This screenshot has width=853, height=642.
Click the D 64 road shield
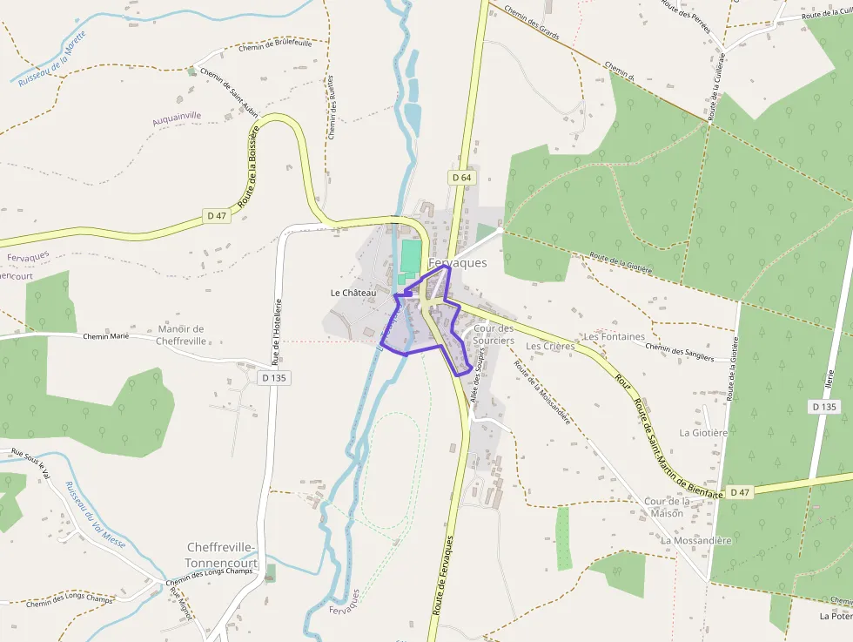pyautogui.click(x=461, y=178)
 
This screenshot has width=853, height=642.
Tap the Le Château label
pyautogui.click(x=353, y=293)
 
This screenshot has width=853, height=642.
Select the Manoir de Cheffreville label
pyautogui.click(x=181, y=335)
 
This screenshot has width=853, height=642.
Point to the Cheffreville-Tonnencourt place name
pyautogui.click(x=222, y=555)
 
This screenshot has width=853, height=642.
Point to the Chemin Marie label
pyautogui.click(x=106, y=336)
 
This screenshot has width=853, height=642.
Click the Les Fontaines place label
pyautogui.click(x=615, y=336)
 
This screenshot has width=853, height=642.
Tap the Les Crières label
pyautogui.click(x=550, y=346)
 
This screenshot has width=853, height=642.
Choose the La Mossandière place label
pyautogui.click(x=696, y=540)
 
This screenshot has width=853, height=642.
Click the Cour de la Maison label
pyautogui.click(x=667, y=507)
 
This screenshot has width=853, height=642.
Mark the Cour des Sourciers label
pyautogui.click(x=494, y=335)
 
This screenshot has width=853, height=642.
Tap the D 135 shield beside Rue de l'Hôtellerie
pyautogui.click(x=273, y=378)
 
